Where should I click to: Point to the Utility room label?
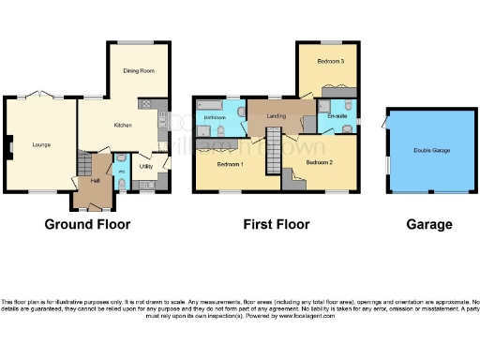tap(146, 167)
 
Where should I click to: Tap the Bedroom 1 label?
tap(230, 165)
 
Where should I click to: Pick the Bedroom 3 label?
tap(329, 61)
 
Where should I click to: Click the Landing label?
tap(276, 116)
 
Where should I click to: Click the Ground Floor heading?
tap(87, 225)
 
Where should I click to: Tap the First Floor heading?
tap(277, 225)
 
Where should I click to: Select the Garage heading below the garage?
tap(429, 225)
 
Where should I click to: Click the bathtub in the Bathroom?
tap(208, 102)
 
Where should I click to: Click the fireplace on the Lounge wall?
tap(7, 144)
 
